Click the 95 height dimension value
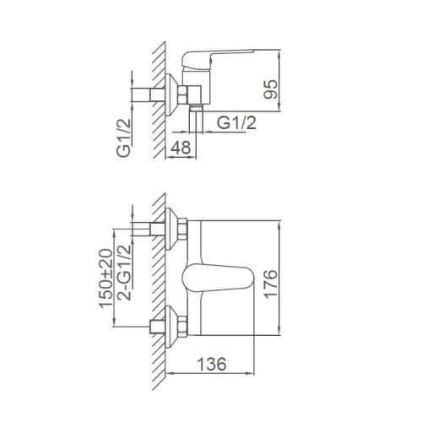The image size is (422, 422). pos(270,89)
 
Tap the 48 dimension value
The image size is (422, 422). pos(181,147)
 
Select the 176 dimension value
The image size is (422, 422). pos(271,284)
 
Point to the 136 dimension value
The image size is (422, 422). pos(212,364)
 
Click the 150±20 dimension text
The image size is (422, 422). pos(105,279)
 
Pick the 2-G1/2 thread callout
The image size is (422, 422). pos(124,273)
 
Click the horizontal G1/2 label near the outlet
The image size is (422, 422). pos(236,123)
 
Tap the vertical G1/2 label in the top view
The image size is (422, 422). pos(124,138)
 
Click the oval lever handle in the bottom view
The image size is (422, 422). pos(219,278)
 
